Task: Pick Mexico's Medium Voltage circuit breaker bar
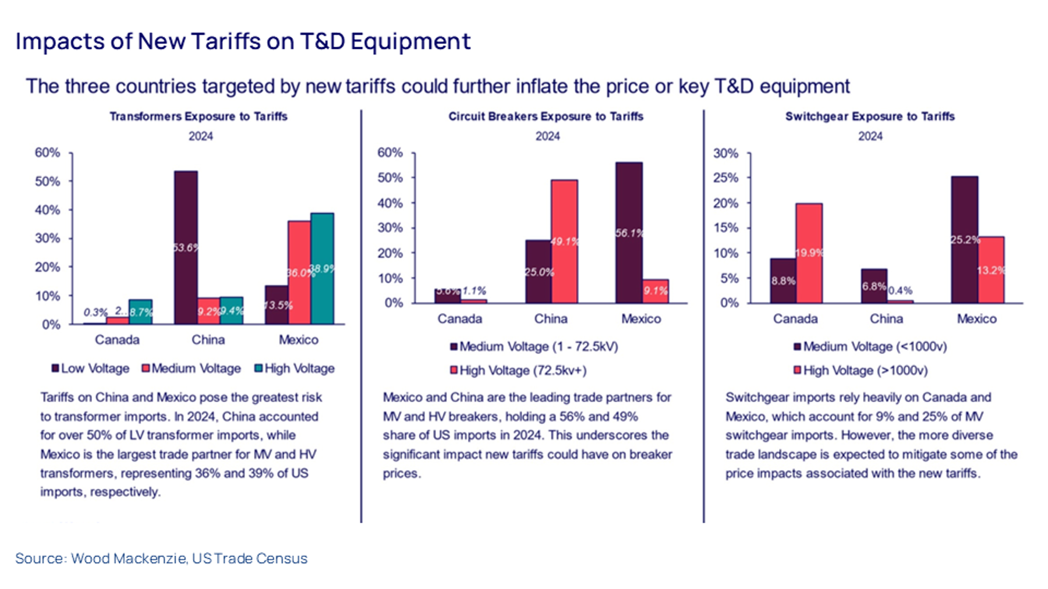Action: [629, 233]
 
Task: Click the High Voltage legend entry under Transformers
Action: [295, 368]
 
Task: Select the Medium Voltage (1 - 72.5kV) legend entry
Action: [534, 347]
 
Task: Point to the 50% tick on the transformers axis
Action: [47, 182]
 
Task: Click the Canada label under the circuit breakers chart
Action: [460, 319]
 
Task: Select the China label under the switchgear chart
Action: [886, 319]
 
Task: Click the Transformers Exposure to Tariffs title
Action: [199, 116]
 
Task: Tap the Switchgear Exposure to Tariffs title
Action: [870, 116]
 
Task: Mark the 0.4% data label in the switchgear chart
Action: [900, 290]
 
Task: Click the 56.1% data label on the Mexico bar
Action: [629, 233]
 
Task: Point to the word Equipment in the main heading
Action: [410, 42]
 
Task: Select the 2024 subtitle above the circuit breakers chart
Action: [547, 136]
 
